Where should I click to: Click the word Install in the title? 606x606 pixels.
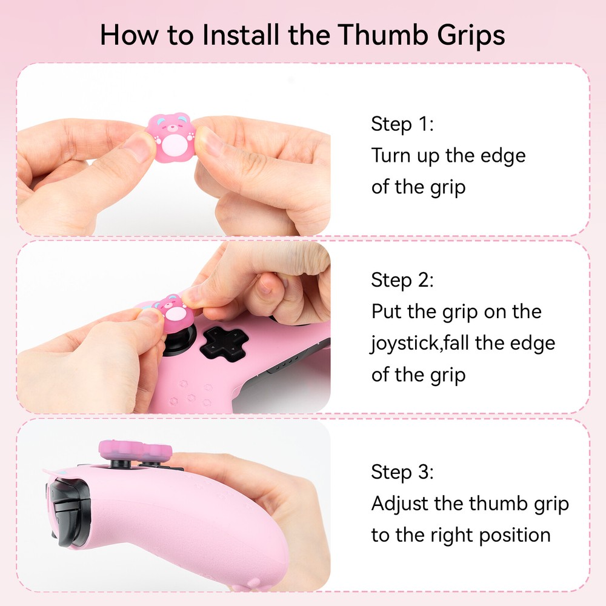tap(241, 35)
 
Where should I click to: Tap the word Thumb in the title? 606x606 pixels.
tap(383, 35)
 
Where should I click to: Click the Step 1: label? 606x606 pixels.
tap(402, 124)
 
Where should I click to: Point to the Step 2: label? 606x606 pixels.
tap(402, 280)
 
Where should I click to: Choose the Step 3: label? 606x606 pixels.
tap(402, 472)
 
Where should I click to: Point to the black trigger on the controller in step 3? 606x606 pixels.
tap(68, 510)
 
